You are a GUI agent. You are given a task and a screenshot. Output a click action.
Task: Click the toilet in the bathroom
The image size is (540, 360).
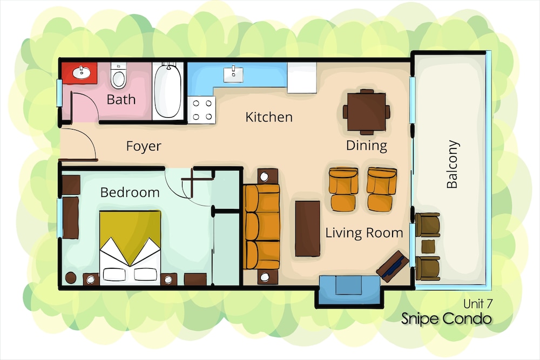(118, 76)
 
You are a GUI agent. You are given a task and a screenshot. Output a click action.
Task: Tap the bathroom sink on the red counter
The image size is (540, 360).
(82, 72)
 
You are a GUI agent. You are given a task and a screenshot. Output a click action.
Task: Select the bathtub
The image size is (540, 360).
(168, 90)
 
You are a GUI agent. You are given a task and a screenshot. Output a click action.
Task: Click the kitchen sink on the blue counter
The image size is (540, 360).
(233, 74)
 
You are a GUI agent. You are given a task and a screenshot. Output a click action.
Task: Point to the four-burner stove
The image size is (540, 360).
(202, 110)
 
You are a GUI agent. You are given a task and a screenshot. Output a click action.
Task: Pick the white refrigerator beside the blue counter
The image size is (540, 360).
(302, 78)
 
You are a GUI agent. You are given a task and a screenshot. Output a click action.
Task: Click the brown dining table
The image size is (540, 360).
(367, 112)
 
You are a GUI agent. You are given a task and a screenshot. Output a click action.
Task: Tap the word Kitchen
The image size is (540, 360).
(269, 117)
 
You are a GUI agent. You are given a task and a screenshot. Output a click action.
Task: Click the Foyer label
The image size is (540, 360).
(144, 146)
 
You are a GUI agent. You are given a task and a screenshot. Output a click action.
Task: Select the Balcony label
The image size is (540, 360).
(452, 164)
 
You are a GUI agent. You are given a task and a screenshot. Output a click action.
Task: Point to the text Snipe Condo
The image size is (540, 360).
(447, 318)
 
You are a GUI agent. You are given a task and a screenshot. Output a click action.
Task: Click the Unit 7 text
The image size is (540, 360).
(478, 303)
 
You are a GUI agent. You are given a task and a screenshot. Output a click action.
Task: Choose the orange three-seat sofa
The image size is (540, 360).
(262, 227)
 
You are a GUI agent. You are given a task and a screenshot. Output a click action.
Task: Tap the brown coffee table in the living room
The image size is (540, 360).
(308, 228)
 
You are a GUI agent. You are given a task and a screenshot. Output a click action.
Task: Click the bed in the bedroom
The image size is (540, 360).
(130, 248)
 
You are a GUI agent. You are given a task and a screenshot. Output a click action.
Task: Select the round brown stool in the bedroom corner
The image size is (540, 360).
(71, 278)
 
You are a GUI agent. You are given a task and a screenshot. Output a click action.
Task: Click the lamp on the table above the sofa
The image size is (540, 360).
(265, 177)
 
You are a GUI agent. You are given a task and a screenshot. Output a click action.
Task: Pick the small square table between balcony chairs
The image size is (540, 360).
(428, 247)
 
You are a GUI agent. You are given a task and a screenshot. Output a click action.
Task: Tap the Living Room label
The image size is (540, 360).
(364, 233)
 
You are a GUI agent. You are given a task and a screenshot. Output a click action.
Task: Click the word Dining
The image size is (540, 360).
(367, 146)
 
